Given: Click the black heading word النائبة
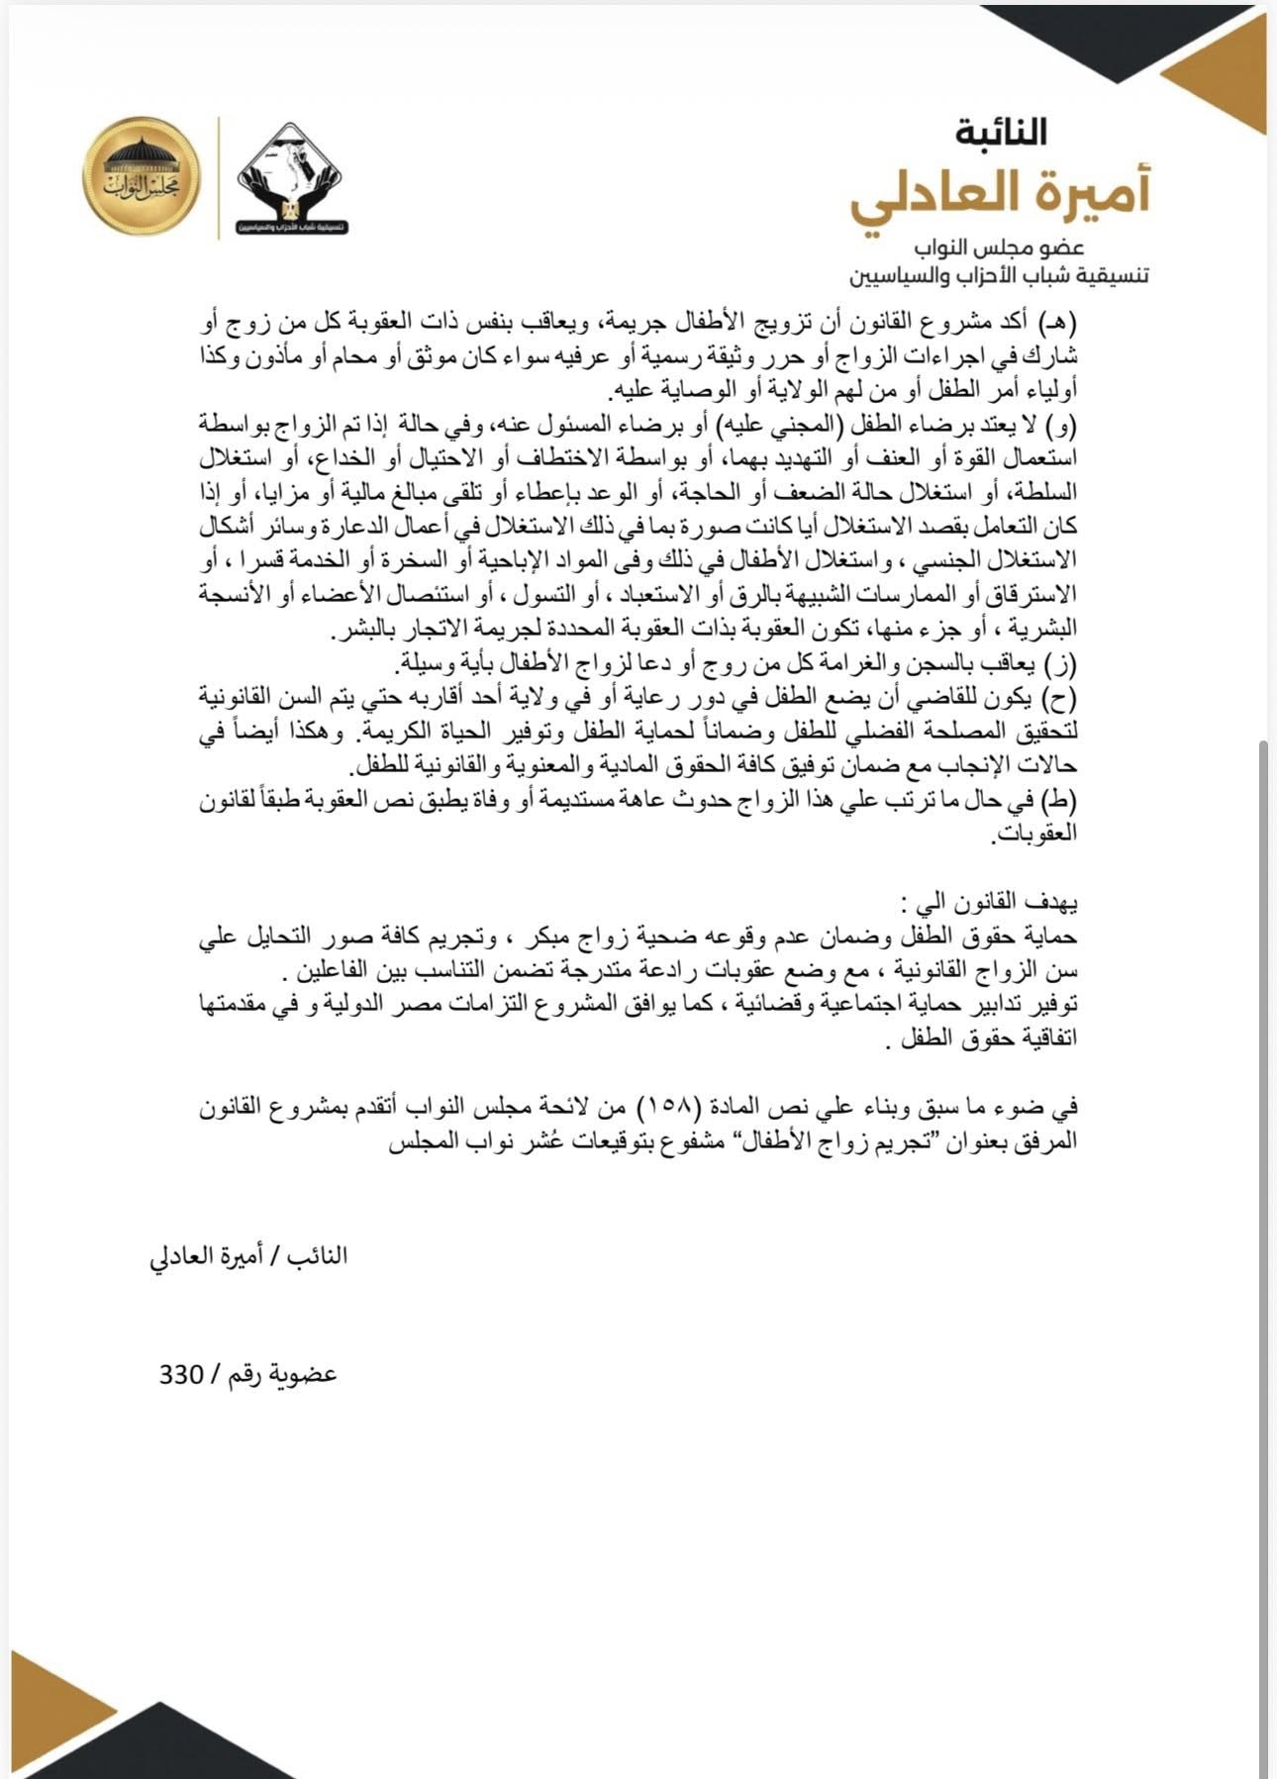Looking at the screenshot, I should [x=1001, y=133].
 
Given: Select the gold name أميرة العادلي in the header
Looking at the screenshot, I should [x=1000, y=194].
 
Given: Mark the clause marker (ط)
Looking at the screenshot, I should [x=1061, y=800].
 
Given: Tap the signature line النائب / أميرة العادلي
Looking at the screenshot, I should [x=247, y=1256].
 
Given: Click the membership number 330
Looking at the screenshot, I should [x=180, y=1375].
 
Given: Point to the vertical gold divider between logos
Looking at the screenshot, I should [x=218, y=178].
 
